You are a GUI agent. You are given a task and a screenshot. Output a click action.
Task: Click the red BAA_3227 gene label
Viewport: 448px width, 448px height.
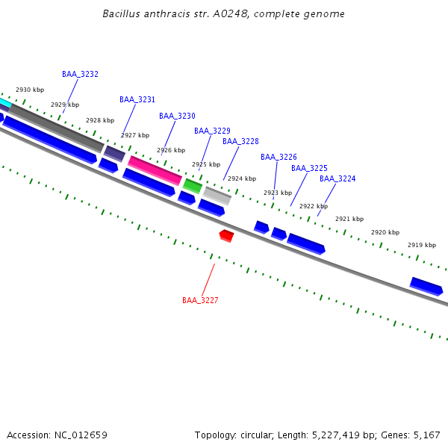tap(200, 300)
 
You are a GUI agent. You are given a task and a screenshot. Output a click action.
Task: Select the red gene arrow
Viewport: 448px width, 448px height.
tap(226, 236)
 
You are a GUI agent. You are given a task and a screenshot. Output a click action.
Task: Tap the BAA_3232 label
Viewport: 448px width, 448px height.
tap(80, 74)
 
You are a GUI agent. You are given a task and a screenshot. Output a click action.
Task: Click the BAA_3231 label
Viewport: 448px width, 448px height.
tap(137, 99)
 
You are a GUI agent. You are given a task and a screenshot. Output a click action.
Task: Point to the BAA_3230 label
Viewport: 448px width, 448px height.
tap(177, 116)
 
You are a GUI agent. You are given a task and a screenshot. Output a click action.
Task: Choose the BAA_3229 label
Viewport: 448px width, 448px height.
tap(212, 131)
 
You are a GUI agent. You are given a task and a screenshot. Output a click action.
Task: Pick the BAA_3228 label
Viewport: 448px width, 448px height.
tap(240, 141)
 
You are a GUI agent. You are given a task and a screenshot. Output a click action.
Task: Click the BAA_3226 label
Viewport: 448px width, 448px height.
tap(279, 157)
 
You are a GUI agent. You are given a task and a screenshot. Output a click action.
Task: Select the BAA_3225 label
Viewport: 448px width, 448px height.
tap(309, 168)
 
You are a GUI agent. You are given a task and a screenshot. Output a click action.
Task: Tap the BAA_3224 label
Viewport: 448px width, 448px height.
tap(337, 178)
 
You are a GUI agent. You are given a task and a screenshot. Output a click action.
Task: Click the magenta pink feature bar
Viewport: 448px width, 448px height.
tap(155, 170)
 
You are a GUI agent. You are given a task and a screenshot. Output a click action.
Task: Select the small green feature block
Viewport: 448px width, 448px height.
tap(193, 185)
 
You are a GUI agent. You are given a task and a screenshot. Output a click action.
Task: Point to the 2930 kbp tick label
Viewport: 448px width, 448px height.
tap(30, 90)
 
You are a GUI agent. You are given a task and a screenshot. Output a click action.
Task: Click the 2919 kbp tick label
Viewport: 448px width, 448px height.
tap(422, 245)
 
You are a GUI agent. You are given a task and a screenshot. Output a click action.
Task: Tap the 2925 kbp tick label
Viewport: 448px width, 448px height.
tap(206, 164)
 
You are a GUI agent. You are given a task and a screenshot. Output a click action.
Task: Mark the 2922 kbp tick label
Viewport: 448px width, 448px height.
tap(314, 206)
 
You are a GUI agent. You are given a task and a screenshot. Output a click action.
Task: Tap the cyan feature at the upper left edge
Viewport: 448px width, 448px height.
tap(4, 102)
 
